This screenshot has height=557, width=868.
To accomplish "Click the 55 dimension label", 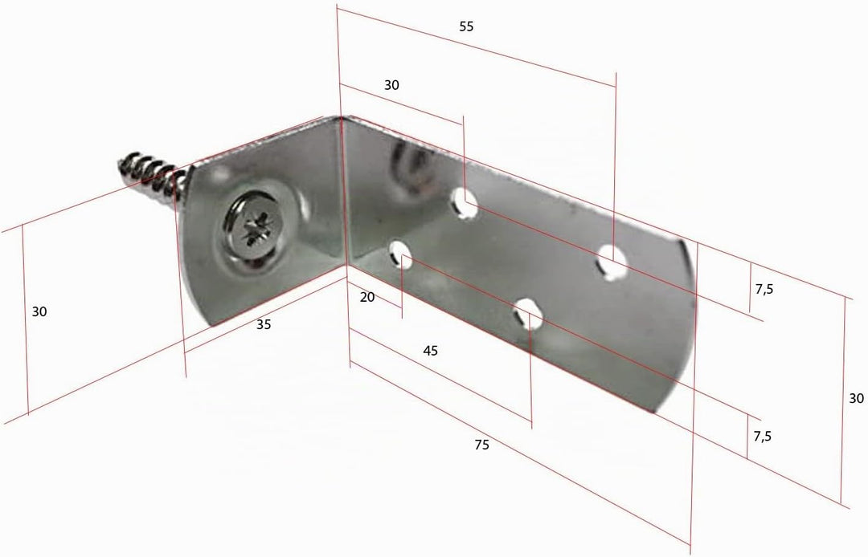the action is (467, 26).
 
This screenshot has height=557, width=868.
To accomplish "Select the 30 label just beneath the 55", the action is (391, 85).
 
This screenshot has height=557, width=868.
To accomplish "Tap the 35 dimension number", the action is (264, 324).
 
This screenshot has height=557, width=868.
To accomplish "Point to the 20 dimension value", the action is (367, 297).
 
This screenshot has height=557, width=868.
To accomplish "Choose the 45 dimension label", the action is (430, 351).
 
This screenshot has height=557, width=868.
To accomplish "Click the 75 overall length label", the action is (481, 445).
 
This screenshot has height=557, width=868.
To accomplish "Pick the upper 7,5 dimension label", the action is (764, 289).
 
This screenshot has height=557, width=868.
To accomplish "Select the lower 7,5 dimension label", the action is (762, 437).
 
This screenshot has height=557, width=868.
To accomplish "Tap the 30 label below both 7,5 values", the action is (856, 398).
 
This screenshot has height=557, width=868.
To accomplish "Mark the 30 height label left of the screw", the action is (39, 311).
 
